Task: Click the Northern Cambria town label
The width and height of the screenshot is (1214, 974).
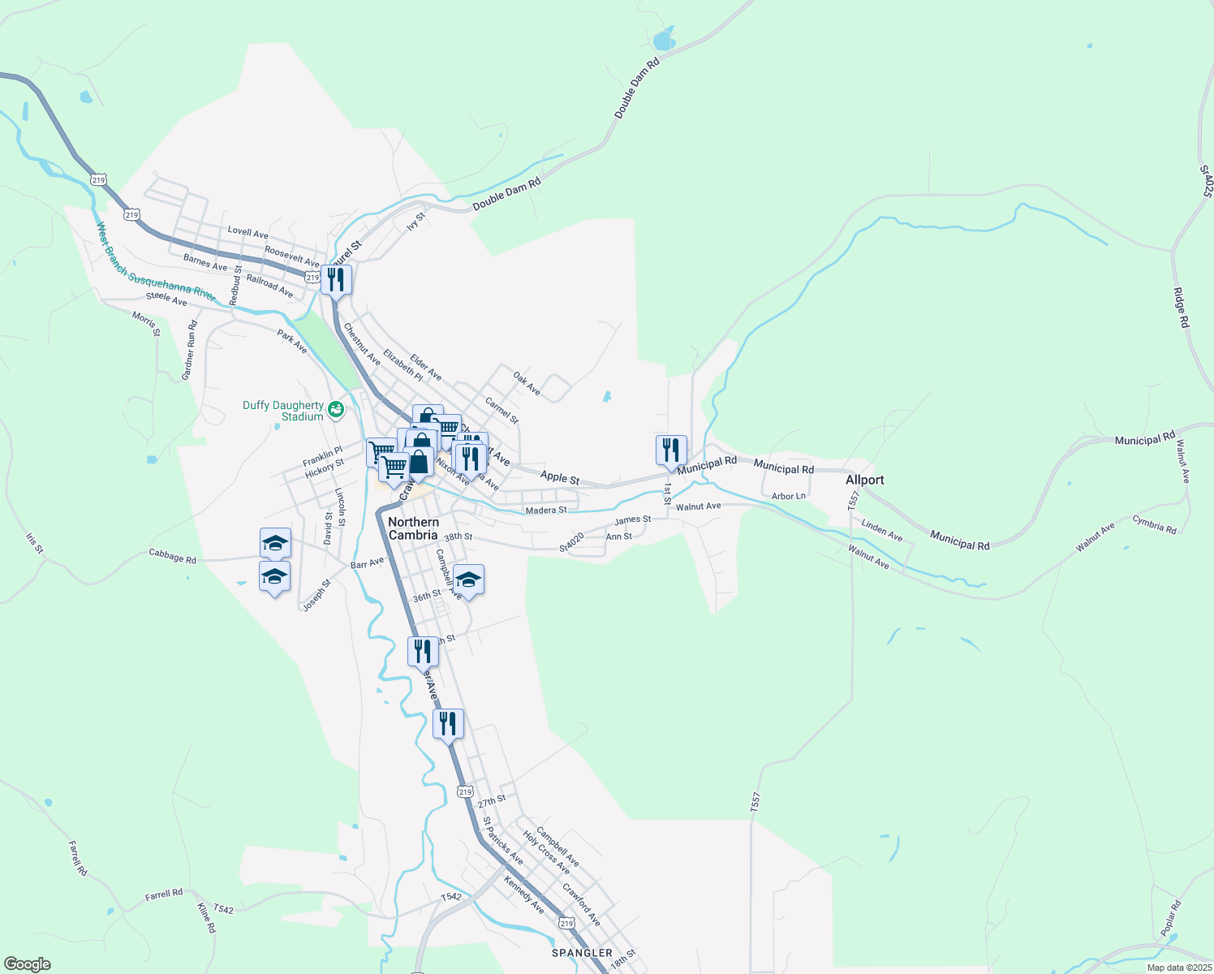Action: pos(413,528)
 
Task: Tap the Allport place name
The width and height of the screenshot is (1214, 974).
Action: pos(864,480)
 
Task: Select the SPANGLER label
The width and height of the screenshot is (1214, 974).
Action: pos(582,953)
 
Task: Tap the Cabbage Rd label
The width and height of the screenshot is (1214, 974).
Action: pos(172,558)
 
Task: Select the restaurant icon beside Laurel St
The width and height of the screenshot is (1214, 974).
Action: pos(336,280)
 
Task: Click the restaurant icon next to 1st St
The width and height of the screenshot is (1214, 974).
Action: pos(671,450)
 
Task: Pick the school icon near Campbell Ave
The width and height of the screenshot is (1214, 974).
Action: pos(468,580)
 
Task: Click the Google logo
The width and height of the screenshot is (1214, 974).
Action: pos(27,964)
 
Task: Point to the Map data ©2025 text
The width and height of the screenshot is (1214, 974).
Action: pos(1178,968)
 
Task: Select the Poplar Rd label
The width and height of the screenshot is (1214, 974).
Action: pos(1169,918)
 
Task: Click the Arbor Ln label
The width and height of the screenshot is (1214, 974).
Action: pos(789,496)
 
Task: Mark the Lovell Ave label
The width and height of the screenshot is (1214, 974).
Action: pos(248,233)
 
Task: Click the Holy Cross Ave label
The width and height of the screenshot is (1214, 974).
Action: pos(546,851)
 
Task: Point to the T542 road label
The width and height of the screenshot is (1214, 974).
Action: pos(451,897)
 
